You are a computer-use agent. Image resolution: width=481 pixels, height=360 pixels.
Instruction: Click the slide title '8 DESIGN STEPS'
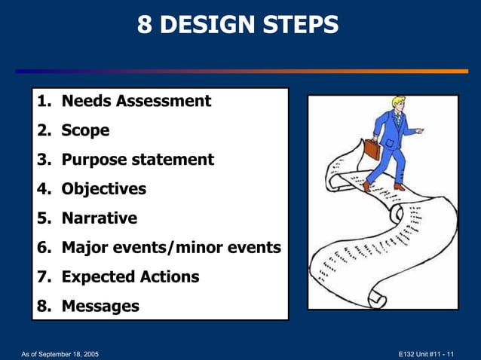(x=238, y=26)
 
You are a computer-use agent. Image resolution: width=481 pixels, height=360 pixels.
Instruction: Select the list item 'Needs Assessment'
(x=136, y=101)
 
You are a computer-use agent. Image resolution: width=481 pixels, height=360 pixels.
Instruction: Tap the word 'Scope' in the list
(x=85, y=130)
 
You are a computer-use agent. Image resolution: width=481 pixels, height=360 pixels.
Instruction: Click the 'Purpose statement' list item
(x=137, y=160)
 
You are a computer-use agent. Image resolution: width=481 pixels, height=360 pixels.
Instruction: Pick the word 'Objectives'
(x=103, y=189)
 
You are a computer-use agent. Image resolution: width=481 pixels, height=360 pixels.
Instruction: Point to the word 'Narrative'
(x=99, y=218)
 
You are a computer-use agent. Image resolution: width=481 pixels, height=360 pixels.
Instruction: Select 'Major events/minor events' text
(x=170, y=248)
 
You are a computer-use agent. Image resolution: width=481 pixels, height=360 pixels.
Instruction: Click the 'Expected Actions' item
(x=130, y=277)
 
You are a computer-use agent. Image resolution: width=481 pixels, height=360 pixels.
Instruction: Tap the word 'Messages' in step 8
(x=100, y=307)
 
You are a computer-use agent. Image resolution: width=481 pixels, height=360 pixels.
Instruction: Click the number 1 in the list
(x=42, y=101)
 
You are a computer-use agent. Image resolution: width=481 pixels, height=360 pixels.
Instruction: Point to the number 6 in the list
(x=43, y=248)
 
